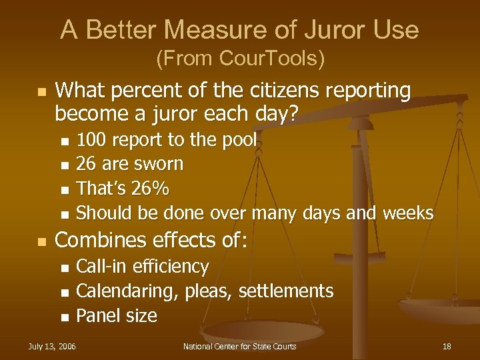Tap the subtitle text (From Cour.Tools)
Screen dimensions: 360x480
pos(240,59)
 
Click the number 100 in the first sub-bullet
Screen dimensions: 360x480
pos(91,140)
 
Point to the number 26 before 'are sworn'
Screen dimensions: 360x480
pos(85,164)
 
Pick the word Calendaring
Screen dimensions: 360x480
pos(128,291)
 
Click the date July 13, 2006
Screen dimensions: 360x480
pos(51,346)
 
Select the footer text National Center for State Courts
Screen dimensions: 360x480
pos(239,346)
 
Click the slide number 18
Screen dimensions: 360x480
pos(447,346)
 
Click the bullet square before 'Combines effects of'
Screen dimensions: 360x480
pos(41,241)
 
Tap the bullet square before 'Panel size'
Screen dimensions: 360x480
pos(64,317)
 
